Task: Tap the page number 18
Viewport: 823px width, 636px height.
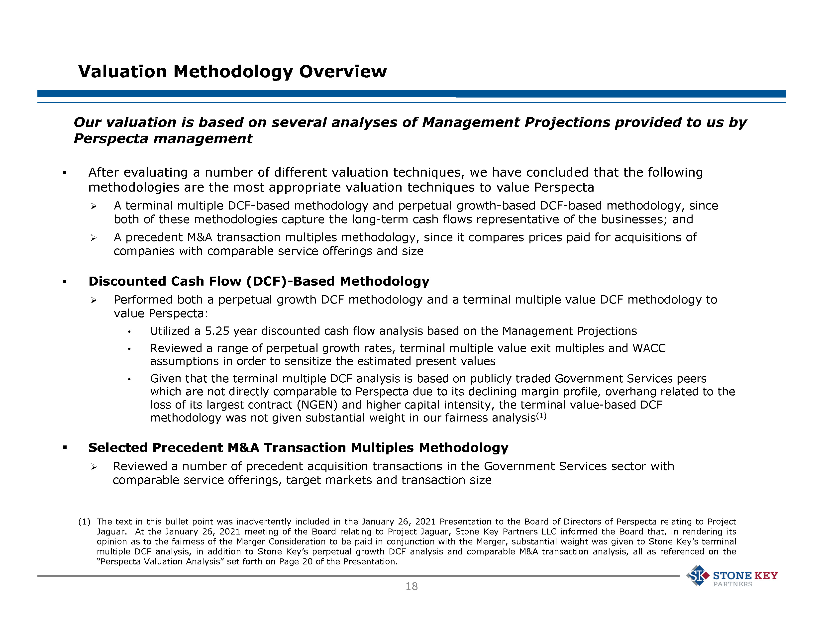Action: click(411, 587)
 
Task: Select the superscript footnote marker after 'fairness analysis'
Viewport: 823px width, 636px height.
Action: click(541, 416)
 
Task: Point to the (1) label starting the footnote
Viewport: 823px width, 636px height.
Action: click(84, 522)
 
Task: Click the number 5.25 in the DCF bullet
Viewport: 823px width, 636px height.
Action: click(217, 331)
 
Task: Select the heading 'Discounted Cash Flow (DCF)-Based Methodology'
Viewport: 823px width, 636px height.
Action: click(259, 281)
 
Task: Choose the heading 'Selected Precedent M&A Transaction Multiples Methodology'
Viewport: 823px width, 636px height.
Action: click(298, 448)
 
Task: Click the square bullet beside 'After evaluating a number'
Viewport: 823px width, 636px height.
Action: click(65, 173)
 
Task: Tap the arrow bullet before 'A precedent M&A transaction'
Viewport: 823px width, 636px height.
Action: click(94, 238)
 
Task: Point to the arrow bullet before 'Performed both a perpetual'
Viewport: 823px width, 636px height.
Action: click(94, 300)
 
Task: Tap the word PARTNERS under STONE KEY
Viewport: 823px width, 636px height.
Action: click(732, 584)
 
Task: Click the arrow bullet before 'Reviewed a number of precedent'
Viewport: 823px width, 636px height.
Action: click(94, 467)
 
